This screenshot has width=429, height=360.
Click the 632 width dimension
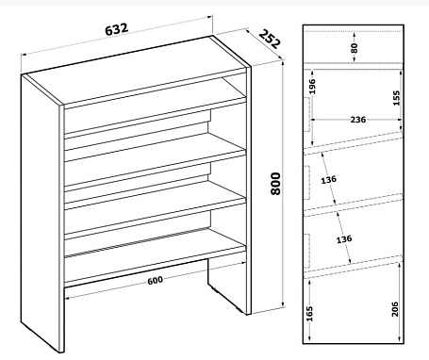117,29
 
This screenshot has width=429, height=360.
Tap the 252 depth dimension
269,39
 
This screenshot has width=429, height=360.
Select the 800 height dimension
275,184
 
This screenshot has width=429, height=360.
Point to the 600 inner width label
156,280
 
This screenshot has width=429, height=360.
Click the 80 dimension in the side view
355,48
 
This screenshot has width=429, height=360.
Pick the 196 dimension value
311,87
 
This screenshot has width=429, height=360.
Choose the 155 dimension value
396,98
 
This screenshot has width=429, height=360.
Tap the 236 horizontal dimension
358,120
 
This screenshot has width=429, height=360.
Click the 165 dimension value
309,314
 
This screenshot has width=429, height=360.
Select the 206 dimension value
395,309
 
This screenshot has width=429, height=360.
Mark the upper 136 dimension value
328,180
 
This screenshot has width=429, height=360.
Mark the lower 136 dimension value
344,239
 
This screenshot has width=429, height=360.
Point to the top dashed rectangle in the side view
307,114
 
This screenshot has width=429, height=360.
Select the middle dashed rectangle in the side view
307,183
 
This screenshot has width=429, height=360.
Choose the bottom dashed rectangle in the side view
307,251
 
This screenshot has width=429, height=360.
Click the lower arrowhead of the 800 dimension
283,303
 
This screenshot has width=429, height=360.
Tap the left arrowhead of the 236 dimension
313,120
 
